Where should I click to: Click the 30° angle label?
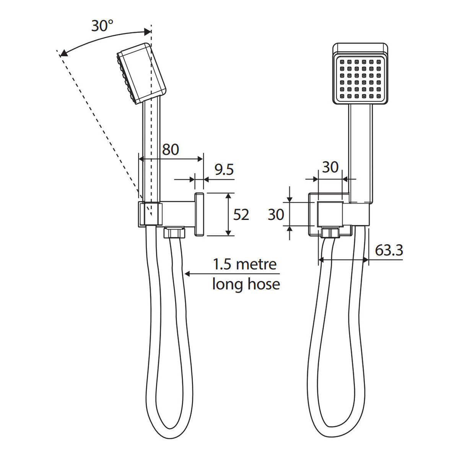point(102,26)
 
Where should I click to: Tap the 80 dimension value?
point(170,149)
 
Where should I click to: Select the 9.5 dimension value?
point(224,169)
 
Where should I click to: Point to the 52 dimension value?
point(241,215)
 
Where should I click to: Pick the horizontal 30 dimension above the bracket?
point(330,167)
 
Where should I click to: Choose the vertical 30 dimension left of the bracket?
point(276,215)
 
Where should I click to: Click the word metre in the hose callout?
point(256,265)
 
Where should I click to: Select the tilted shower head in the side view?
point(141,73)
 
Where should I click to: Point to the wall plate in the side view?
point(199,213)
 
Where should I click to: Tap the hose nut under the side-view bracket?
point(174,233)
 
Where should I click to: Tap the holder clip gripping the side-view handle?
point(149,213)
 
